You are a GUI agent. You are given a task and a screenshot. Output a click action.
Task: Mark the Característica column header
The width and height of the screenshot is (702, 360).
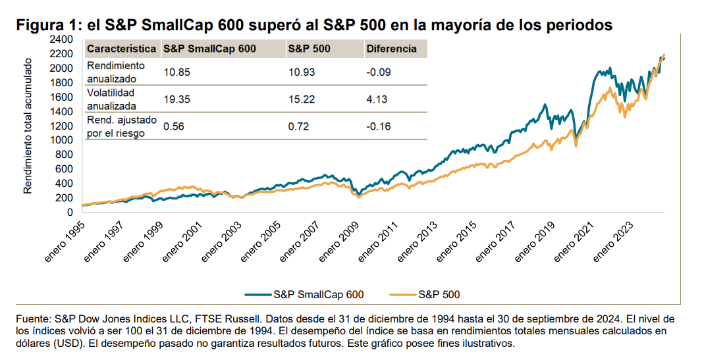(x=122, y=49)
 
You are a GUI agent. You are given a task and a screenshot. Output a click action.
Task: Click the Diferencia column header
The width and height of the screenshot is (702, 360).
(x=392, y=49)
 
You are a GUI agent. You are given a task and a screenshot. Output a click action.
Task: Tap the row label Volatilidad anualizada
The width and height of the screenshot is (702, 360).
(x=112, y=99)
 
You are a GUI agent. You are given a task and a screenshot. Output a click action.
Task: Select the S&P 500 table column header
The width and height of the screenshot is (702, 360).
(x=310, y=49)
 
